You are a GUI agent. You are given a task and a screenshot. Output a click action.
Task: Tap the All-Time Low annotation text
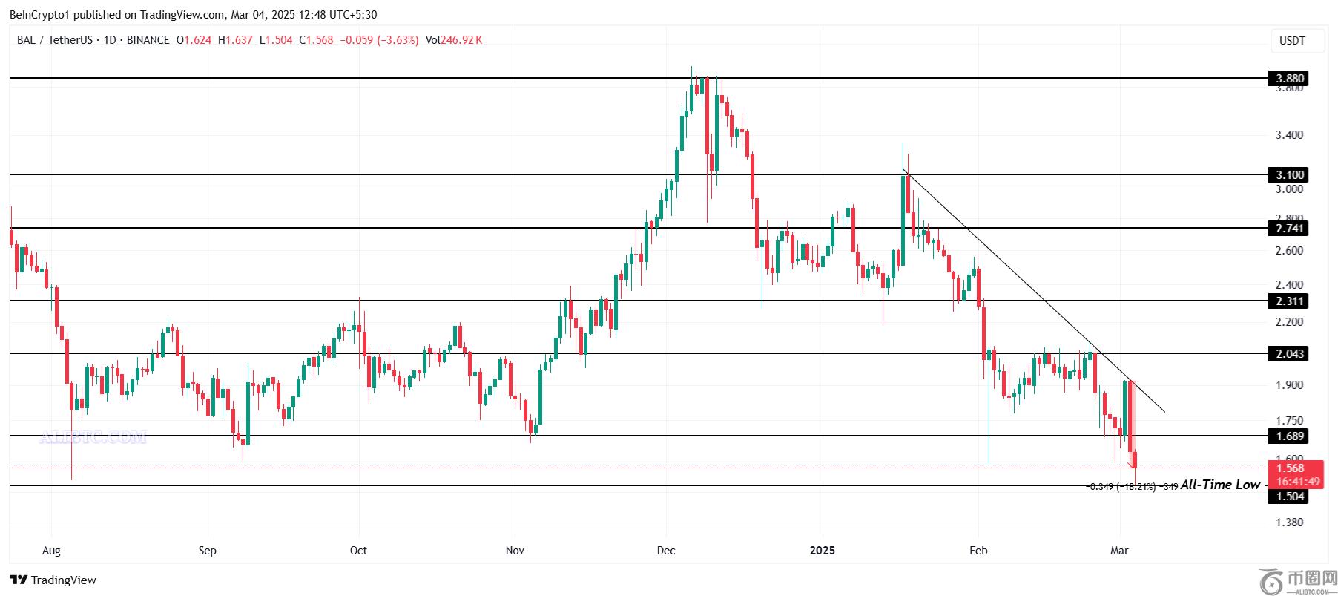pos(1220,485)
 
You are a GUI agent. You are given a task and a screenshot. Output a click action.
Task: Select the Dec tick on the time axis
pos(666,550)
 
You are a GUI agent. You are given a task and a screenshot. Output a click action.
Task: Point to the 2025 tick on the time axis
pos(822,550)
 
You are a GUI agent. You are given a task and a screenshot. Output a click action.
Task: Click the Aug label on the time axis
pos(51,550)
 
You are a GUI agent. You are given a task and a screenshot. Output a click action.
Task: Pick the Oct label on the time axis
pos(358,550)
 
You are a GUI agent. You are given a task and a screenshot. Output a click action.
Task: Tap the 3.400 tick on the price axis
pos(1289,135)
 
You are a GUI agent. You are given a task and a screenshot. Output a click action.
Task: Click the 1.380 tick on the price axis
pos(1289,523)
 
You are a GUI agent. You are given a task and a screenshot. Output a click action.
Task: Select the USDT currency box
pos(1293,41)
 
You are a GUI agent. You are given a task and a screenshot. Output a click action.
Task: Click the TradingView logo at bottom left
pos(53,580)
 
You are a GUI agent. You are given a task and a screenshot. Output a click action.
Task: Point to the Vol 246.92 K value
pos(454,40)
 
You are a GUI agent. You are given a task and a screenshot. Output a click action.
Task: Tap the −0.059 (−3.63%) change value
pos(379,40)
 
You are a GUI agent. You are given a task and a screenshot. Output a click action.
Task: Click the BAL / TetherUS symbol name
pos(54,40)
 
